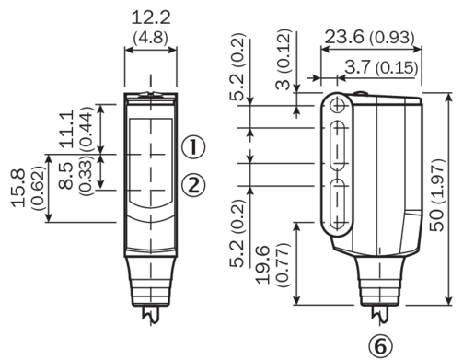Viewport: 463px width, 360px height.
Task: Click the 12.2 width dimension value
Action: (151, 17)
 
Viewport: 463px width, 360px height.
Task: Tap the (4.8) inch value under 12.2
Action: (151, 38)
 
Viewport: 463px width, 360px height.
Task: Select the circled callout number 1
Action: (193, 146)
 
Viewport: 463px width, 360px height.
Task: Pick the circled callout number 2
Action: (193, 184)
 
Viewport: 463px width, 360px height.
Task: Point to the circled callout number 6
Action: (380, 347)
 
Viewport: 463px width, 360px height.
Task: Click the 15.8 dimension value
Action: (17, 188)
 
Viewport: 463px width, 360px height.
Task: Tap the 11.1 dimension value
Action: (67, 129)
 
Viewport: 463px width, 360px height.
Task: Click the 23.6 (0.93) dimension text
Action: (370, 37)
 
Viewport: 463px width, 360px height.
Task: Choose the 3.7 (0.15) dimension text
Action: (382, 67)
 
